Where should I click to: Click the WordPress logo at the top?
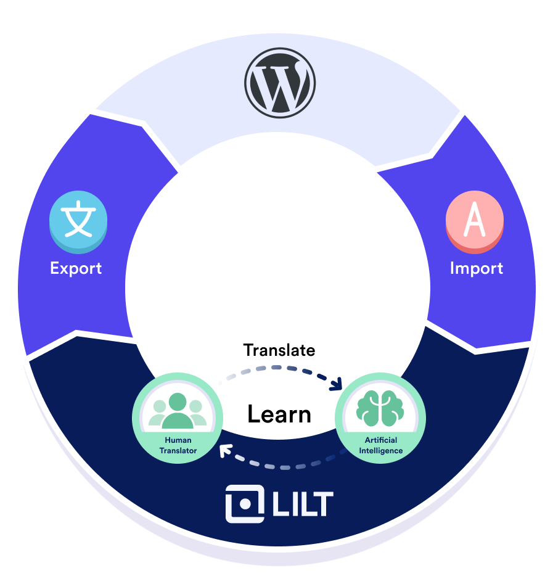[279, 82]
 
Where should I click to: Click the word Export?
[76, 268]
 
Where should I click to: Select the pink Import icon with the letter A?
[474, 222]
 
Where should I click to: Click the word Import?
[476, 268]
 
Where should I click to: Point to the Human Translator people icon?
[178, 409]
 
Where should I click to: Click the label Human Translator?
[178, 445]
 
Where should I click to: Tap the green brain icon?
[380, 408]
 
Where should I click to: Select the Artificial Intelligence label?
[380, 445]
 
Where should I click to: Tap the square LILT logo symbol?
[245, 504]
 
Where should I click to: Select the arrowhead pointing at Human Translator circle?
[225, 450]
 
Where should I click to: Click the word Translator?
[178, 451]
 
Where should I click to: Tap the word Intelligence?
[380, 451]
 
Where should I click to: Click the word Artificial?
[380, 440]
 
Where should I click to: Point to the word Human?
[178, 440]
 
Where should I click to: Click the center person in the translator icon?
[178, 411]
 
